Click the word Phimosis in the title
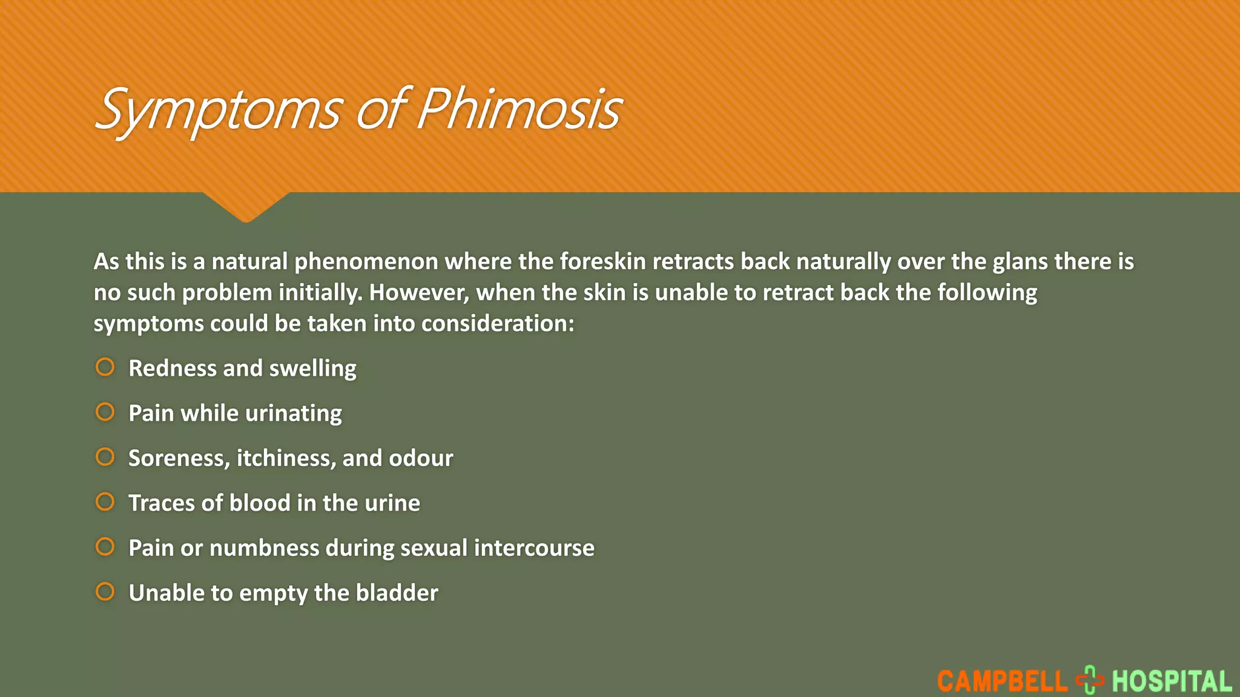[519, 110]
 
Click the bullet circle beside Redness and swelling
[105, 367]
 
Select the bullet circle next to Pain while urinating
[105, 412]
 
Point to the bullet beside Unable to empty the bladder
[105, 592]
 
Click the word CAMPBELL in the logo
[1002, 681]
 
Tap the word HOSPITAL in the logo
[1172, 681]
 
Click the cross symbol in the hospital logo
[1090, 680]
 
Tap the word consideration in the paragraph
[497, 324]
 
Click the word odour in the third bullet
[421, 458]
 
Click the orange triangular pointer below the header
[246, 206]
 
